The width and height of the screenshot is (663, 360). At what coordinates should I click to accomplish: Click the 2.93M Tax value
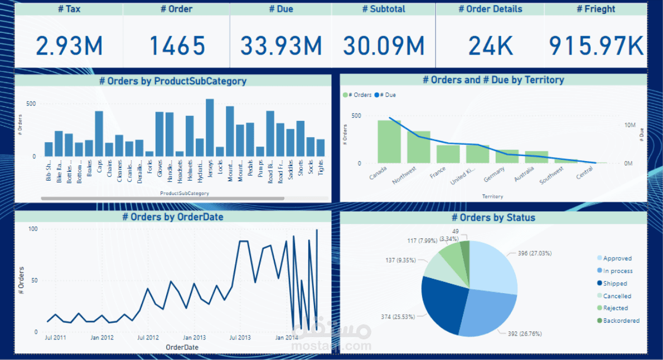point(70,46)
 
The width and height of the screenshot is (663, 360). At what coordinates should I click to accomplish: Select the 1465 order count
point(177,46)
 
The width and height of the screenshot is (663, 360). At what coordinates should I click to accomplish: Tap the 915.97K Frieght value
point(596,46)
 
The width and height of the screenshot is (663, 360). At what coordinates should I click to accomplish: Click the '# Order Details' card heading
point(490,9)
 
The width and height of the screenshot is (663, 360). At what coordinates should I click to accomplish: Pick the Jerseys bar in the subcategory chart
point(210,128)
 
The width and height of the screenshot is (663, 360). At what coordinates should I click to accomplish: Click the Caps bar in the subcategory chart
point(99,134)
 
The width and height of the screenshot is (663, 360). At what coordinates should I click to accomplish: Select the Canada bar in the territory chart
point(389,142)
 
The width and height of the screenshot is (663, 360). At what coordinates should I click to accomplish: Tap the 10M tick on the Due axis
point(630,125)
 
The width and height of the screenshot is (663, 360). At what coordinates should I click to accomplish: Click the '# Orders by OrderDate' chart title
point(173,217)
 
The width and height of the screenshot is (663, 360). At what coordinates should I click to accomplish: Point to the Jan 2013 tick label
point(194,338)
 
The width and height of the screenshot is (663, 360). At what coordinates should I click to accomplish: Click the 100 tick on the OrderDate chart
point(33,229)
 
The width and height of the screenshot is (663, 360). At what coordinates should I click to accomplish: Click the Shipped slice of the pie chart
point(443,301)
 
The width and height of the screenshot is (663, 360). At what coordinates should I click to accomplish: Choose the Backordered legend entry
point(617,320)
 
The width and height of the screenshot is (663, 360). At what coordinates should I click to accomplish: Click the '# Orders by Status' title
point(493,217)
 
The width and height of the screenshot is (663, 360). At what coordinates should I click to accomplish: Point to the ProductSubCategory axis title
point(185,193)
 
